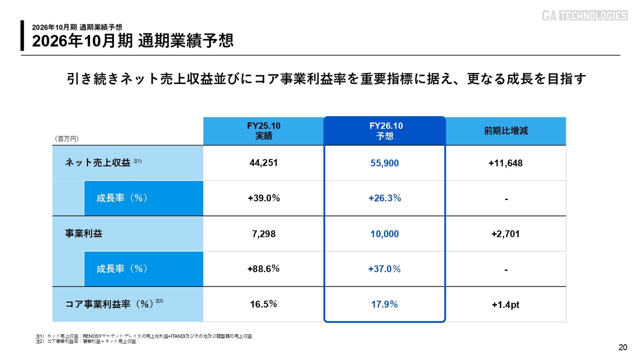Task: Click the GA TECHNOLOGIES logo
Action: [584, 15]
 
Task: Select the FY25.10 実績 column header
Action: [263, 131]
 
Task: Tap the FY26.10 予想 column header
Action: [384, 131]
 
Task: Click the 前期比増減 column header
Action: [505, 131]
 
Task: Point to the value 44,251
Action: [263, 162]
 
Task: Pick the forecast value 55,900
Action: [384, 163]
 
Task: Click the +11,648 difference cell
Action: [505, 163]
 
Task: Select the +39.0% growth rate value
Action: [263, 198]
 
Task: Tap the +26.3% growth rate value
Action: [384, 198]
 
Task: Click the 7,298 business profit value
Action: [263, 233]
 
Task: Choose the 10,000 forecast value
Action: [384, 233]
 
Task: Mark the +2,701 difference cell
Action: [505, 233]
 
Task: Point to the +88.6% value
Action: [263, 269]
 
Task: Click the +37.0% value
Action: [384, 269]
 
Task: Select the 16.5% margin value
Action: [263, 304]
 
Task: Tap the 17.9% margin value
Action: [384, 304]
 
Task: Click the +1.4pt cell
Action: [505, 304]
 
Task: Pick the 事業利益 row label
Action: [80, 233]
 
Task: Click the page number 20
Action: [622, 348]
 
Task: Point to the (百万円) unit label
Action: [66, 138]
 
